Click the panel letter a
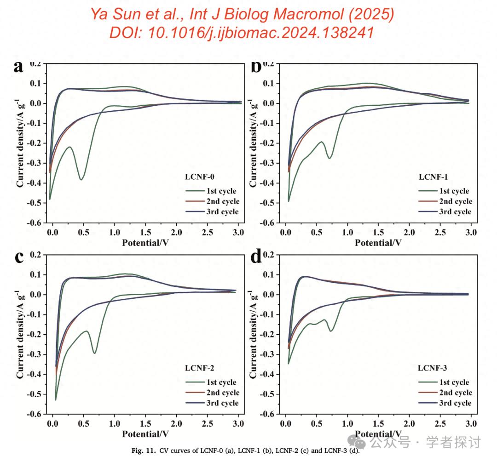[x=18, y=67]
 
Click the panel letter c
[x=19, y=257]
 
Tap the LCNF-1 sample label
[x=433, y=177]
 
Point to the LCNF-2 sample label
[x=199, y=367]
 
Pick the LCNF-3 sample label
[x=433, y=367]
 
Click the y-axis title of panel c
[x=20, y=334]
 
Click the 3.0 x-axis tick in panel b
[x=471, y=233]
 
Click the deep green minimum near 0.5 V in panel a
[x=81, y=179]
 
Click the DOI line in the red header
[x=242, y=33]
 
